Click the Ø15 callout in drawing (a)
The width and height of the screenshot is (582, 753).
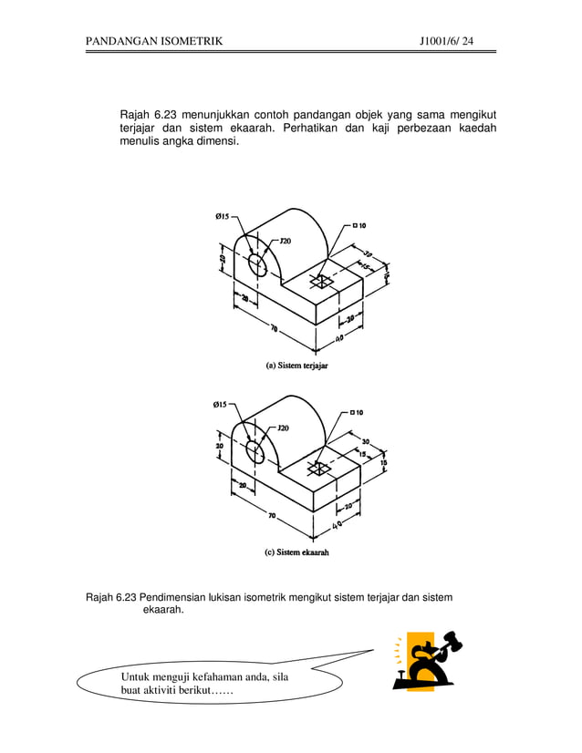click(x=222, y=216)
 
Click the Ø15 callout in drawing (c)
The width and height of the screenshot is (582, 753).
click(x=222, y=404)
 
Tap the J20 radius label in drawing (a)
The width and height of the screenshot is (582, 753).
click(x=285, y=241)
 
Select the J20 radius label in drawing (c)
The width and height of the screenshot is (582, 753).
click(x=283, y=428)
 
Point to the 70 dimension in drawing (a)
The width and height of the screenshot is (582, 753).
click(x=274, y=329)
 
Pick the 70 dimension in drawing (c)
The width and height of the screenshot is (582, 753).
click(x=272, y=516)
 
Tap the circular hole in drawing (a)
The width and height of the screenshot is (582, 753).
click(x=257, y=264)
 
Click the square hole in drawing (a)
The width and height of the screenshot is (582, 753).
click(x=321, y=280)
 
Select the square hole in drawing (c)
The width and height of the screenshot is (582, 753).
click(x=320, y=469)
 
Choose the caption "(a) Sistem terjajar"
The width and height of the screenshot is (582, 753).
click(x=296, y=366)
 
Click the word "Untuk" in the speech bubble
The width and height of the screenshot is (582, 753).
click(x=140, y=676)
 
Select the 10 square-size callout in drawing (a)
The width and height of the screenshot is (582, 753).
click(x=359, y=225)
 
